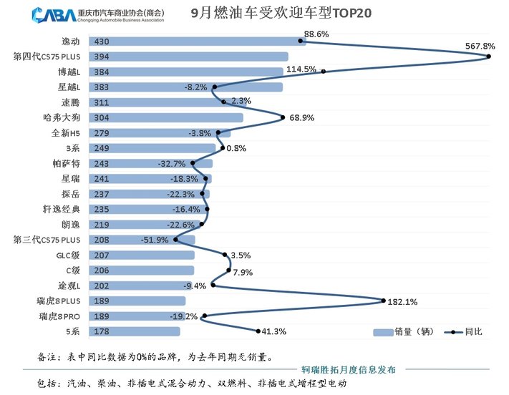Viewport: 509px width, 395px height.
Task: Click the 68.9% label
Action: pyautogui.click(x=303, y=117)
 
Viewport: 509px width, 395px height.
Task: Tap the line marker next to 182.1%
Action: pyautogui.click(x=384, y=301)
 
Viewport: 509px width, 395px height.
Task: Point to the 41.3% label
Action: pyautogui.click(x=275, y=331)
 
